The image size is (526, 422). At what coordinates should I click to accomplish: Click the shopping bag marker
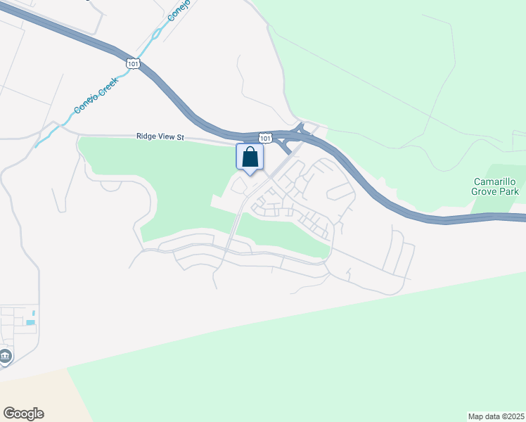(x=250, y=157)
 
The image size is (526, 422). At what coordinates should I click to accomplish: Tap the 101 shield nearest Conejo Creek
(x=134, y=64)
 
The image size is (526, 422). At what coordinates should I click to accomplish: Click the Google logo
(x=23, y=414)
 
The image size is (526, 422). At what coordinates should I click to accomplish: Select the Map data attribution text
(x=495, y=416)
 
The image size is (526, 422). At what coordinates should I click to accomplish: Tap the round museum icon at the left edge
(x=6, y=357)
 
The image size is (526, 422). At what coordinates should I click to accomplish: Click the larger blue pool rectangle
(x=30, y=322)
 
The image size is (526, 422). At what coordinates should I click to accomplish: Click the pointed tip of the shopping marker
(x=250, y=174)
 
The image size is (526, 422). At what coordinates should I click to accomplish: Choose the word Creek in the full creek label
(x=106, y=87)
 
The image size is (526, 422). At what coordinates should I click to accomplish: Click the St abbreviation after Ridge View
(x=179, y=138)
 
